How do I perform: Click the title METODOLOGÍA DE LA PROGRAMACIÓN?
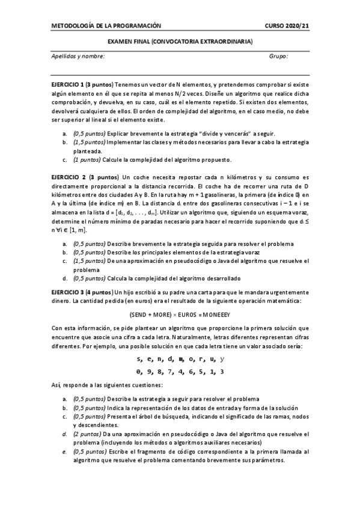[106, 26]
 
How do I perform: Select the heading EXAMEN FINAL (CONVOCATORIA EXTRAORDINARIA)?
[180, 41]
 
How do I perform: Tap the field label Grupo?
[278, 56]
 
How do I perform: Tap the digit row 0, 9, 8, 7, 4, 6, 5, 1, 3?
[180, 371]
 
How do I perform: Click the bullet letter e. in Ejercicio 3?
[64, 452]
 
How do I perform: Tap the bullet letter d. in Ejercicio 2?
[64, 278]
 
